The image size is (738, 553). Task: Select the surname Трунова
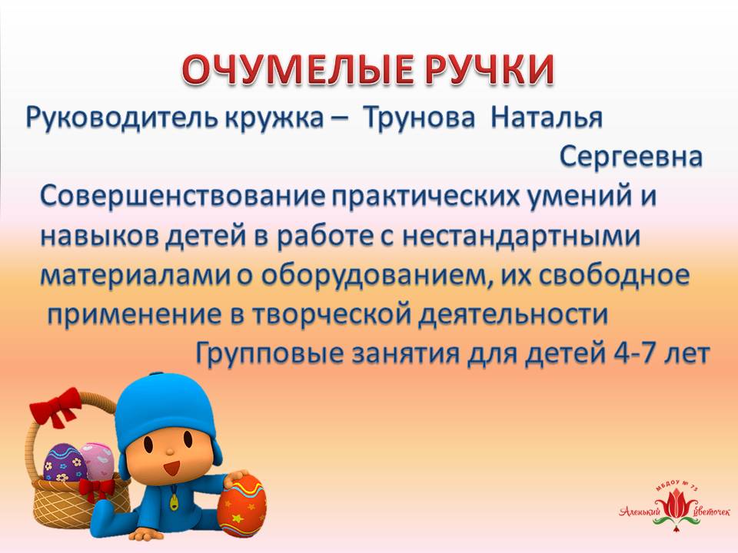pyautogui.click(x=420, y=118)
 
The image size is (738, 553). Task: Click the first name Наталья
pyautogui.click(x=547, y=118)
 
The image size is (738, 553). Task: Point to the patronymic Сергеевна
pyautogui.click(x=631, y=157)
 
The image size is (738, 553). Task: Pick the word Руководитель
pyautogui.click(x=121, y=118)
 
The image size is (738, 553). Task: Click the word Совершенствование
pyautogui.click(x=183, y=196)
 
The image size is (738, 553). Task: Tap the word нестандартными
pyautogui.click(x=520, y=237)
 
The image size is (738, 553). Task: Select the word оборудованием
pyautogui.click(x=371, y=276)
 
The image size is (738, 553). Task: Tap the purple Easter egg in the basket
pyautogui.click(x=63, y=462)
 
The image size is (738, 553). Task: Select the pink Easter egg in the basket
pyautogui.click(x=98, y=459)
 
